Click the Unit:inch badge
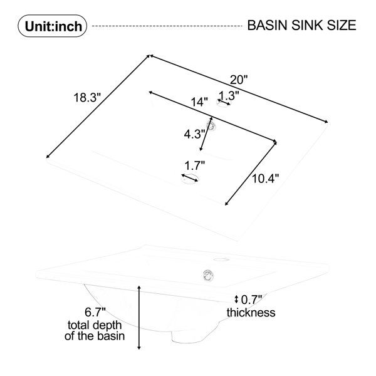52,26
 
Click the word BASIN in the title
267,26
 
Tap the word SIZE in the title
342,26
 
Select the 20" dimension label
239,80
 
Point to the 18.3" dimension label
87,98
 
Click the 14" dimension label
199,102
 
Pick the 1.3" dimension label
229,95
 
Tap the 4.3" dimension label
194,134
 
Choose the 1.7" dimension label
195,165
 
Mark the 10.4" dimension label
266,179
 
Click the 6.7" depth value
95,312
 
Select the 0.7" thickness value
251,300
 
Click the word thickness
251,313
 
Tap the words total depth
95,325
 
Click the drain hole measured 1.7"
190,179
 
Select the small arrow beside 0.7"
236,300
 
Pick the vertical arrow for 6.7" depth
139,318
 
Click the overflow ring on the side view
209,275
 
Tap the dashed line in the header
167,26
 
